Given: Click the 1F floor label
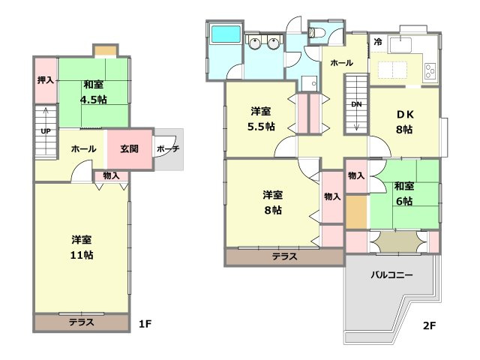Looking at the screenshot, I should tap(145, 324).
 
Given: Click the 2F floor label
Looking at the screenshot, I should tap(429, 325).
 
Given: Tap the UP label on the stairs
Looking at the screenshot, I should tap(46, 131).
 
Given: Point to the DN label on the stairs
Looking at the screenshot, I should tap(356, 104).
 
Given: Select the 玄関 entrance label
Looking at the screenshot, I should tap(129, 148).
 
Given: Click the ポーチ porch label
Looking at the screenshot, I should tap(167, 148).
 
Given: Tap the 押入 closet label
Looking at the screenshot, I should tap(46, 80).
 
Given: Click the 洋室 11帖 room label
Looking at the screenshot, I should tap(82, 247).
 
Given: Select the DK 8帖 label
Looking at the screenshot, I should tap(404, 121).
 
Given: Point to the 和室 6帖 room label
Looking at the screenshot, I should tap(404, 193).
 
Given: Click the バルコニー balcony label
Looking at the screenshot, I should tap(392, 275).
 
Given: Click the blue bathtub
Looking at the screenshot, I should tap(225, 34).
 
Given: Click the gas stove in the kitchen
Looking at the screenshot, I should tap(431, 72).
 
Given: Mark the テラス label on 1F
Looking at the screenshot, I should tap(81, 323).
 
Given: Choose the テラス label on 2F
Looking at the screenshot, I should tap(284, 256).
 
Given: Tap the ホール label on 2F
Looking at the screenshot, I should tap(341, 63).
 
